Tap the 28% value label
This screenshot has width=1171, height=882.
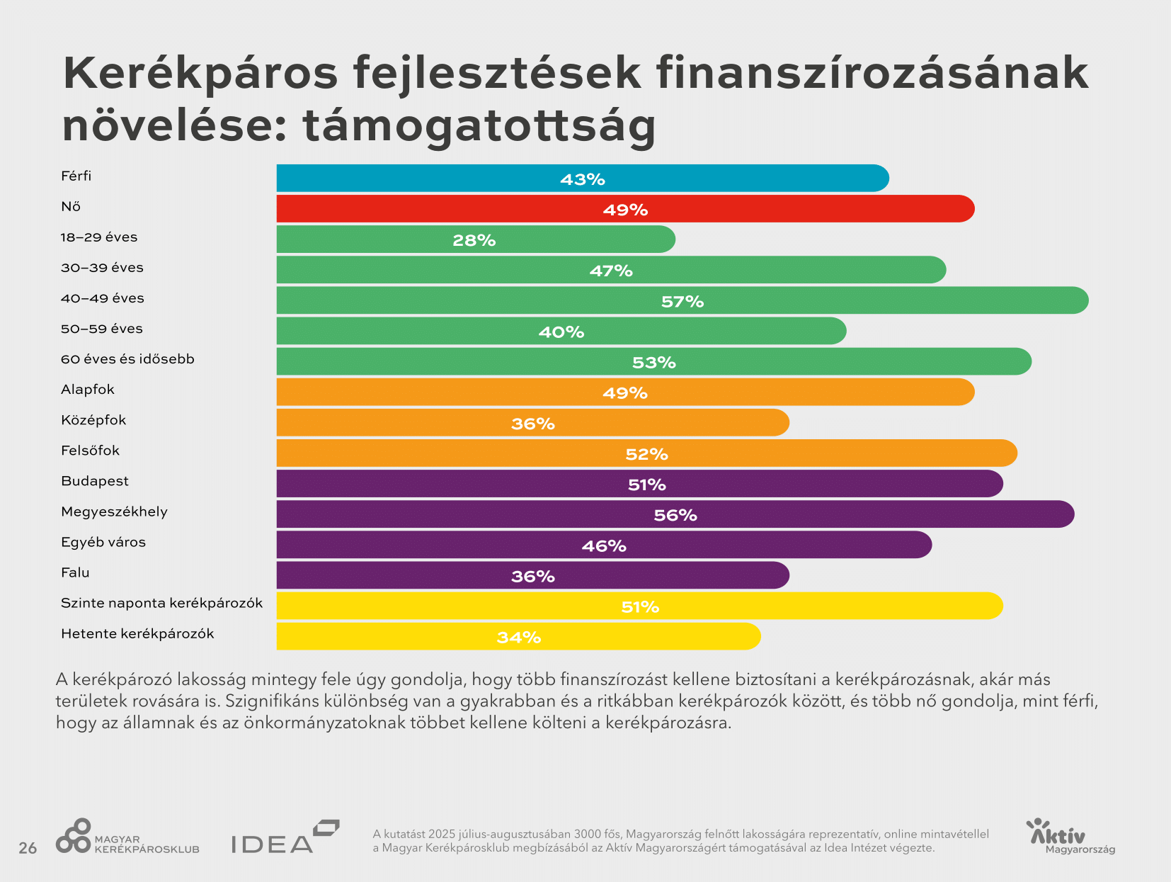(x=474, y=240)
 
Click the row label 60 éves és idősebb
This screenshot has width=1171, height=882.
(x=127, y=359)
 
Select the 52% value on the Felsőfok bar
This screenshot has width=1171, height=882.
(x=646, y=454)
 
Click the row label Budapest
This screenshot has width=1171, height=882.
(x=95, y=481)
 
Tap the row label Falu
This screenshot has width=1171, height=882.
(x=75, y=572)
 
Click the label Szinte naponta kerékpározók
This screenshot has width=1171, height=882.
(x=161, y=603)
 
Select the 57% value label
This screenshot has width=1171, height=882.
(x=682, y=302)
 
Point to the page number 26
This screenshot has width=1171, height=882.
(x=28, y=848)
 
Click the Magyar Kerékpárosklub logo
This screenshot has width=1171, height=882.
(x=127, y=837)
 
